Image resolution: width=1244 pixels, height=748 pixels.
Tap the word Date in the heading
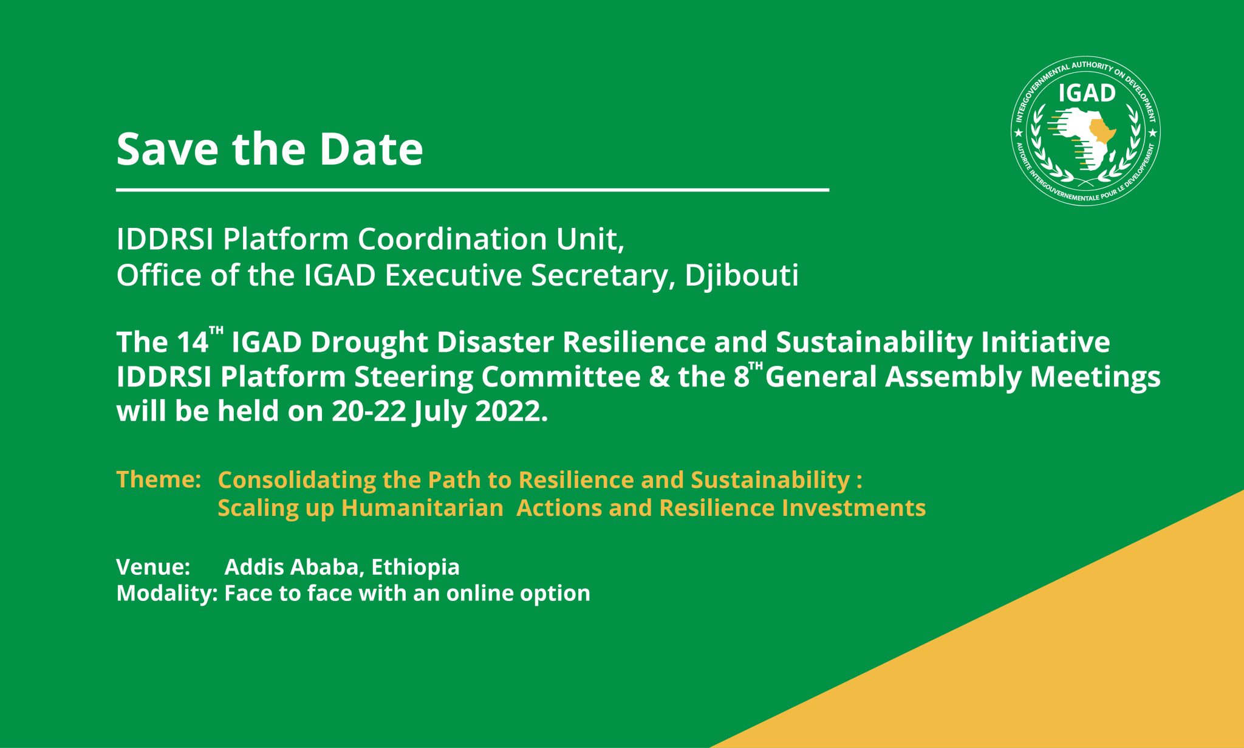[x=371, y=149]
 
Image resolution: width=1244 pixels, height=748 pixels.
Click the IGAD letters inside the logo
[x=1087, y=93]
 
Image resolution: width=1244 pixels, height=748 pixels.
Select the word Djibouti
[x=741, y=276]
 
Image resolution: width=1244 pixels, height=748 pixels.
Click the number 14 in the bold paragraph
[x=193, y=342]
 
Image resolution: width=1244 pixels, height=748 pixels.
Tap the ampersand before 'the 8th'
[x=660, y=377]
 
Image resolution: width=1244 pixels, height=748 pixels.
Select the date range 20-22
[x=369, y=411]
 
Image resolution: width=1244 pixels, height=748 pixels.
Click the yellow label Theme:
[x=159, y=479]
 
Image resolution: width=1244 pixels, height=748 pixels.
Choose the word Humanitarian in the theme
[x=422, y=508]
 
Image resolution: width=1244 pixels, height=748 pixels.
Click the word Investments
[x=853, y=508]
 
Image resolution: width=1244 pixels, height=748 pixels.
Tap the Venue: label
[x=153, y=567]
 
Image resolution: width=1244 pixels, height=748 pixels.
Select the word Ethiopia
[x=415, y=568]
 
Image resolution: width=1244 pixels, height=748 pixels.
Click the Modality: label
[x=167, y=594]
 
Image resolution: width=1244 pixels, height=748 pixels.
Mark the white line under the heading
[x=473, y=190]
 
